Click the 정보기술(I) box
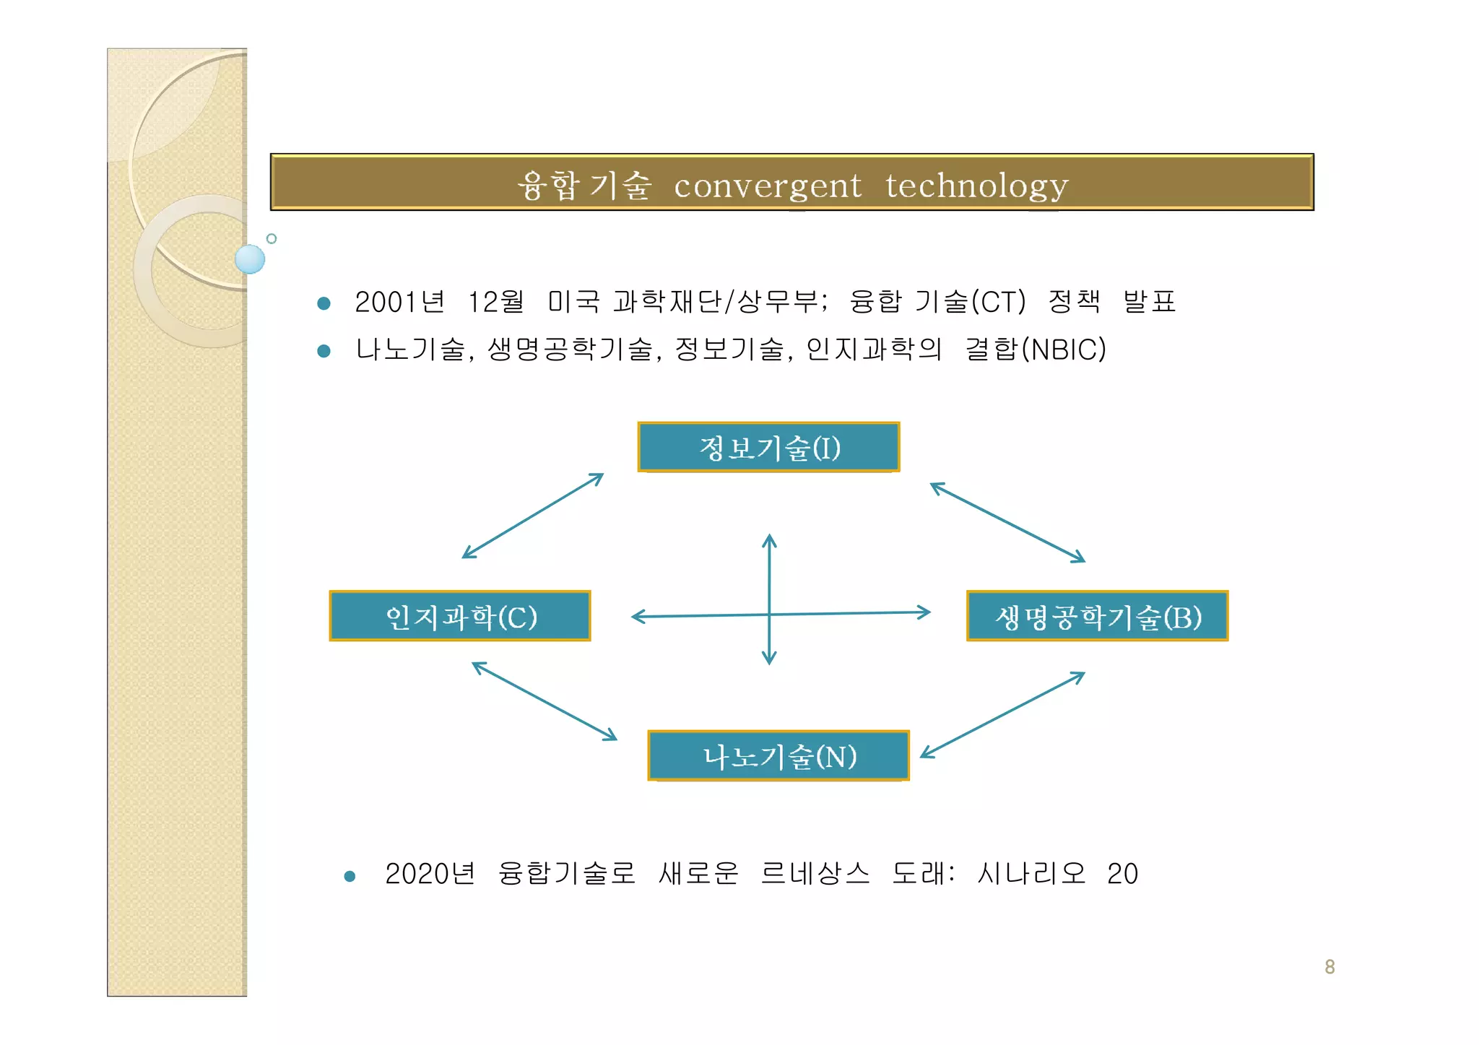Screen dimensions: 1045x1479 (x=768, y=447)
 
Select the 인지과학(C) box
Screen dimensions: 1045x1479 (x=460, y=616)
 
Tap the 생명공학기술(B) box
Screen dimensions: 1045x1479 (x=1097, y=616)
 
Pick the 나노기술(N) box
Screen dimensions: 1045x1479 (x=778, y=756)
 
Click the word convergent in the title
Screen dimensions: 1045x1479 (x=767, y=186)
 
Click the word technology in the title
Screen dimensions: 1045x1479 (x=976, y=186)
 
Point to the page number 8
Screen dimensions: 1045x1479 (x=1330, y=966)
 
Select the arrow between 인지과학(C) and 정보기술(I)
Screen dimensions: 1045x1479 (x=532, y=516)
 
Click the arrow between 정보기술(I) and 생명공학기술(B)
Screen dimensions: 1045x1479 (x=1007, y=522)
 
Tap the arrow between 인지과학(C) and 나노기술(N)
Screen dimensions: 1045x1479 (x=545, y=701)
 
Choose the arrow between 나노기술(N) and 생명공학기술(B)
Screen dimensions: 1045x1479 (x=1002, y=714)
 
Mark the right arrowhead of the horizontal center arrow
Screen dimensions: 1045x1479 (x=925, y=612)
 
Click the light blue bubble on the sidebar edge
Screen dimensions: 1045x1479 (x=250, y=259)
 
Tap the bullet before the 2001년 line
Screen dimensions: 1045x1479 (x=324, y=303)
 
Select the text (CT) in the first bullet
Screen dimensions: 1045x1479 (x=998, y=302)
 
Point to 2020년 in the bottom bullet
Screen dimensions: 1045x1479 (x=430, y=874)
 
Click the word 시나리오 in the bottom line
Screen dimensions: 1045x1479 (x=1031, y=874)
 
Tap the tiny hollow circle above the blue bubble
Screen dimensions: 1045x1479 (x=272, y=238)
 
